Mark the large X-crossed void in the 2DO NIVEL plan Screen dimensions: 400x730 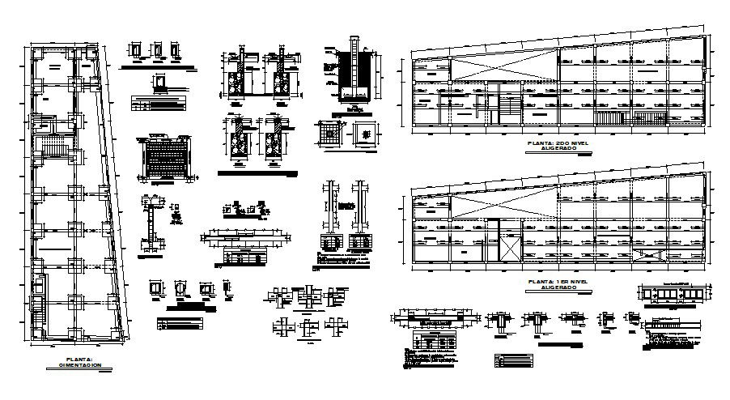pos(502,68)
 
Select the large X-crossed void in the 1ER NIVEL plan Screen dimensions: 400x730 pos(502,206)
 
